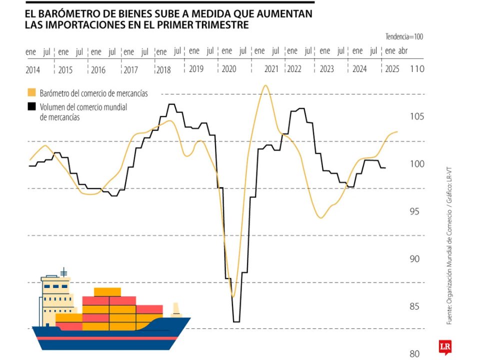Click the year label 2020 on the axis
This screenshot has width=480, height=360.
pos(228,69)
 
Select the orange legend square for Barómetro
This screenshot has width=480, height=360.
pos(32,92)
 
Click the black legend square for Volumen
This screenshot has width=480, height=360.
pos(32,106)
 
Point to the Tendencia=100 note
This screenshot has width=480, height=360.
pos(404,36)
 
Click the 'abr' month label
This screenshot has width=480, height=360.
pos(403,51)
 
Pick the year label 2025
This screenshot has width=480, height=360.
pos(392,69)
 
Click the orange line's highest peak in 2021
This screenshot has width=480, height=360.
pos(264,85)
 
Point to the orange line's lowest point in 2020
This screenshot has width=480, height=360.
pos(232,296)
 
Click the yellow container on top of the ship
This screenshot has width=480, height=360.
pos(107,292)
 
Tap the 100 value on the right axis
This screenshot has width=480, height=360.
pos(415,164)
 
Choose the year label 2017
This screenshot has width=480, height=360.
pos(130,70)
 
